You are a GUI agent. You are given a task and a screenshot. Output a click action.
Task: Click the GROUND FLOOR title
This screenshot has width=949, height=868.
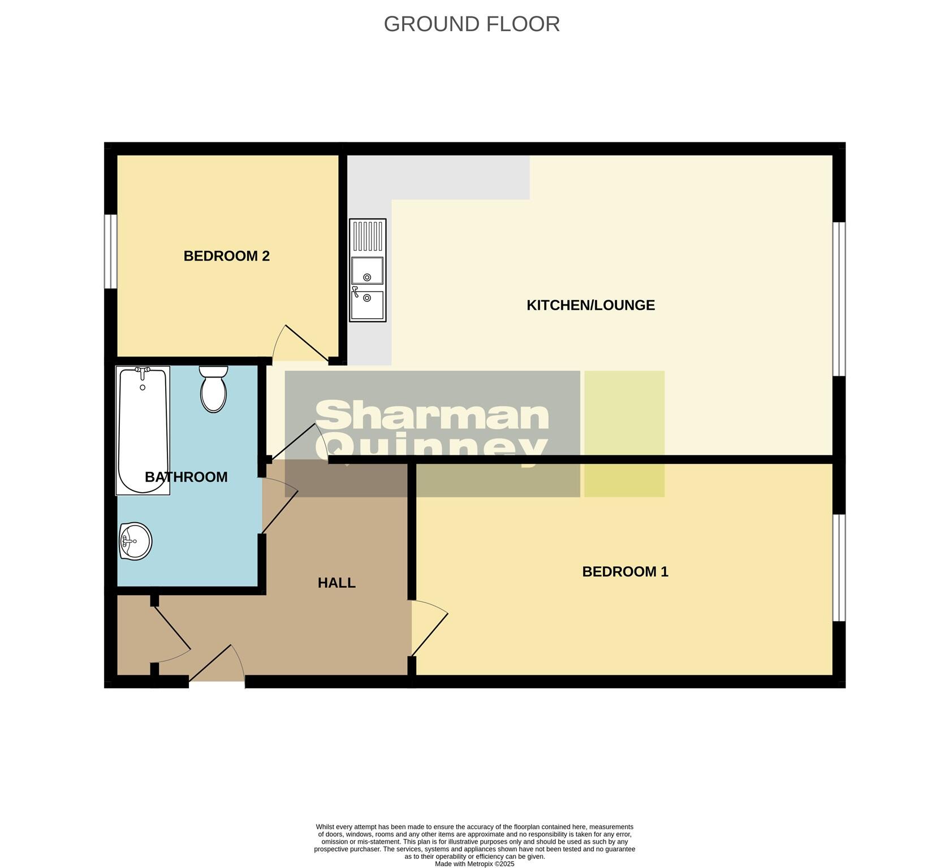click(472, 24)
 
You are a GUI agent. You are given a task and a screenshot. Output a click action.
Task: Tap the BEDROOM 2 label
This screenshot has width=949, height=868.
click(226, 256)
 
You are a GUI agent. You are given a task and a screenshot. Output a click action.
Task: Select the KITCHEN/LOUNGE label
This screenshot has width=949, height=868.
click(590, 305)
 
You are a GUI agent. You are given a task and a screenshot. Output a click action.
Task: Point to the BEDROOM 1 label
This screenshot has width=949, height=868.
click(625, 572)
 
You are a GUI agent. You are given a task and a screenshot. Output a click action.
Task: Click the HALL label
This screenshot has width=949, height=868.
click(337, 583)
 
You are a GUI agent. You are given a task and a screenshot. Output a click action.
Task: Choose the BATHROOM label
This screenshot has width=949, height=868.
click(186, 477)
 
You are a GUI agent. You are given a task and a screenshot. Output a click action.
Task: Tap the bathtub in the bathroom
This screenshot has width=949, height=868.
click(143, 429)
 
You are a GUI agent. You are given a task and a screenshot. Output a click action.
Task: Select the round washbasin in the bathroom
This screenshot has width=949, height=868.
click(135, 541)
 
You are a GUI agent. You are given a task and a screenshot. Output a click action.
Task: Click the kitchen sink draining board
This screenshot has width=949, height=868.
click(368, 236)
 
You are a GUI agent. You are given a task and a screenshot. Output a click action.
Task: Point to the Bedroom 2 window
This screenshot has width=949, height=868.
click(110, 251)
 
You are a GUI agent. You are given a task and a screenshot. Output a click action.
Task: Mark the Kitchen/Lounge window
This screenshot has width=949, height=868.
click(839, 299)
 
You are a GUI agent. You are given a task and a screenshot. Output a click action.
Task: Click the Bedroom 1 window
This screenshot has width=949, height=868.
click(839, 567)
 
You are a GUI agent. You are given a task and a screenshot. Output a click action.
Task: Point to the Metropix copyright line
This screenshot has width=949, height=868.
click(474, 863)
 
